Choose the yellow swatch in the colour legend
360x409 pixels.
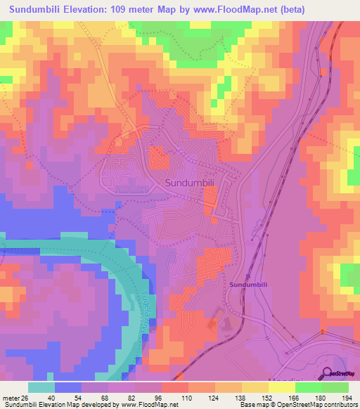coord(279,387)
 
